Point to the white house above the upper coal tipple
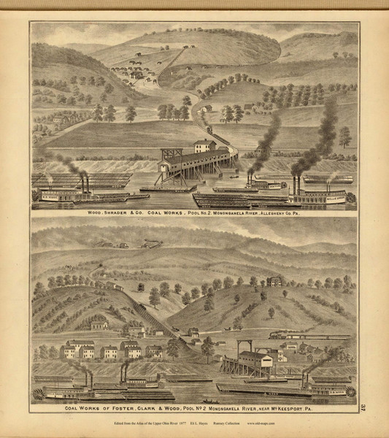pyautogui.click(x=204, y=145)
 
